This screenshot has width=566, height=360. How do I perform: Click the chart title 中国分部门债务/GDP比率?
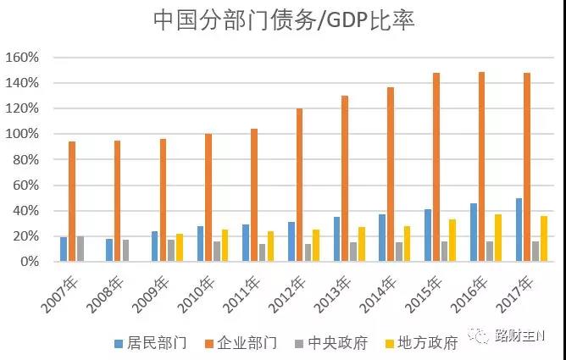(x=283, y=20)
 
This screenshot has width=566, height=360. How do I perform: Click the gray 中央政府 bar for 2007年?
(x=80, y=249)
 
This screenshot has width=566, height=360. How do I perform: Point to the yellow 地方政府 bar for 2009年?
(x=180, y=247)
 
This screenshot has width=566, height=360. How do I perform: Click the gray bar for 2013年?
(x=353, y=252)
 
